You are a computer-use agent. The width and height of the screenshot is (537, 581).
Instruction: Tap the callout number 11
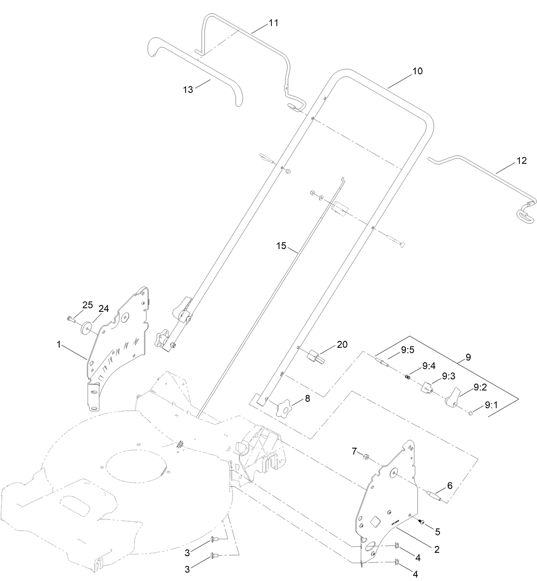(273, 23)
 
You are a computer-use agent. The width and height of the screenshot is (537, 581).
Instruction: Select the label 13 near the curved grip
(188, 89)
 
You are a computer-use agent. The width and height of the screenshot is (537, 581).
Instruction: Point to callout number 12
(522, 161)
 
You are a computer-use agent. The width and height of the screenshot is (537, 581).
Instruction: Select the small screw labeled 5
(422, 522)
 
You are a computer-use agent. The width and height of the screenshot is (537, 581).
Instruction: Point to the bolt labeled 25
(71, 318)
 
